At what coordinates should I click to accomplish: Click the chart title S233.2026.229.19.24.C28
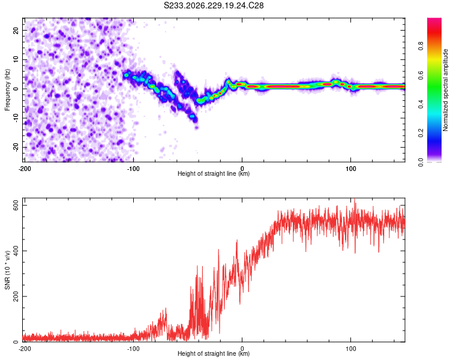pos(214,5)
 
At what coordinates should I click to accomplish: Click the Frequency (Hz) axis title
pos(7,90)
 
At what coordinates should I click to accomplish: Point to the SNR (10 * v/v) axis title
pos(7,270)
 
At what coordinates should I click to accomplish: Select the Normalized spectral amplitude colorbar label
pos(445,90)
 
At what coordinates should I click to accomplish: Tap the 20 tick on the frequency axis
pos(16,30)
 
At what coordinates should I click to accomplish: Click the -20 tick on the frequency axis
pos(16,148)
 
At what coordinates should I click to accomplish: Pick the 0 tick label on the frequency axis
pos(16,89)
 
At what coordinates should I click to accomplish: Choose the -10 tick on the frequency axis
pos(16,118)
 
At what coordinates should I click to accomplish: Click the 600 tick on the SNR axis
pos(16,206)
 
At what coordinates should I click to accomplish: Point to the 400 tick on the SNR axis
pos(16,251)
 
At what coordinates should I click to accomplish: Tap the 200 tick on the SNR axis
pos(16,296)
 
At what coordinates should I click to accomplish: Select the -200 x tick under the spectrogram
pos(25,169)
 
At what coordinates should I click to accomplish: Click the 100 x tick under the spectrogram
pos(351,169)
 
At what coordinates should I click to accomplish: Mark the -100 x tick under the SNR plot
pos(133,349)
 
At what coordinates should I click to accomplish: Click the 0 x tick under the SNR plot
pos(242,349)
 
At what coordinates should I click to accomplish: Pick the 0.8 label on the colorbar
pos(421,46)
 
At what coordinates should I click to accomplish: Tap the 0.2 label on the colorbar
pos(421,133)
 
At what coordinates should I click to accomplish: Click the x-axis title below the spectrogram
pos(214,173)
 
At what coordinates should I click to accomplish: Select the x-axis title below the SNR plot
pos(214,353)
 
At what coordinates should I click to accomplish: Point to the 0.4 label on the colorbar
pos(421,104)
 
